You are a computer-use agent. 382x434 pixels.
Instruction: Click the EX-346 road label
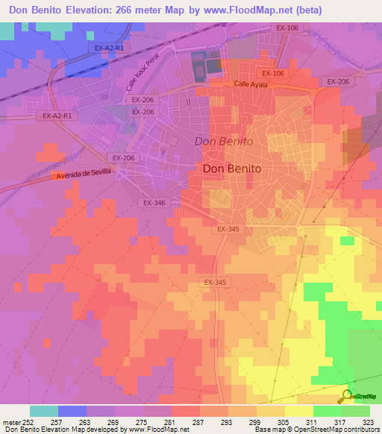pos(153,203)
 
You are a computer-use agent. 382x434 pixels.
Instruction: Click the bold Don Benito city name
pos(232,169)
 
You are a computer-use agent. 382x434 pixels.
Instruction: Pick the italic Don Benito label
pos(223,141)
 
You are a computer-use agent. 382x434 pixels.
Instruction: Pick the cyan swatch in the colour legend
pos(44,410)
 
